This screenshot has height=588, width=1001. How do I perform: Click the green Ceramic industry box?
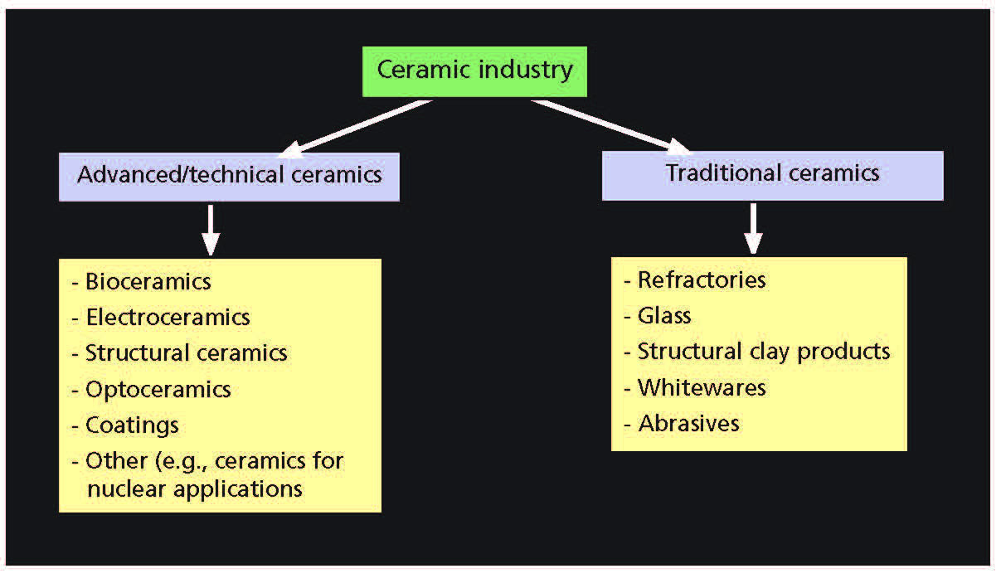click(x=474, y=71)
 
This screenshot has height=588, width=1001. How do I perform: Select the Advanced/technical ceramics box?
click(x=229, y=176)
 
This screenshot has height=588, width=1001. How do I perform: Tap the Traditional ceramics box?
click(x=772, y=175)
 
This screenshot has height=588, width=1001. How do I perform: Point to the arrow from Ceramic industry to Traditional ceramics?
click(x=610, y=127)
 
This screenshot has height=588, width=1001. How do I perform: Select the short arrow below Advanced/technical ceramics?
click(x=211, y=229)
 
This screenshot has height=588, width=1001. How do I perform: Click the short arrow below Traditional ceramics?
click(x=752, y=228)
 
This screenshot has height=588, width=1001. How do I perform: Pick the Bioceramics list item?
click(x=148, y=282)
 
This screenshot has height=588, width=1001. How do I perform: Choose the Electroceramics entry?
click(x=167, y=317)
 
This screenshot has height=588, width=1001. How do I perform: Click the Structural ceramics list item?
click(x=186, y=352)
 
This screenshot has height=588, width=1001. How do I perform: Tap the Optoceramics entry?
click(x=158, y=389)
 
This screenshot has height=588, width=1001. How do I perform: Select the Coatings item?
click(x=132, y=425)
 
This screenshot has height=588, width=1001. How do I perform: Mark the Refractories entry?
click(x=701, y=280)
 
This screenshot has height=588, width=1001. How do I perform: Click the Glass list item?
click(x=663, y=316)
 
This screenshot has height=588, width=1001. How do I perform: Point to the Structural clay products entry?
click(x=763, y=352)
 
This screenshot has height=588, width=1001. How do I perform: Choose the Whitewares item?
click(x=701, y=387)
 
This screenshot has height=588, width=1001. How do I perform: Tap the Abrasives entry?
click(x=688, y=423)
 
